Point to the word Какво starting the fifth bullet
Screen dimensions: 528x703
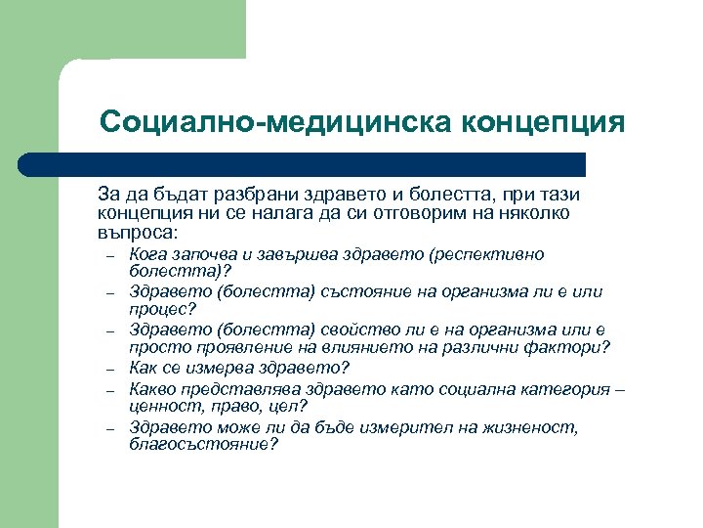point(152,387)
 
